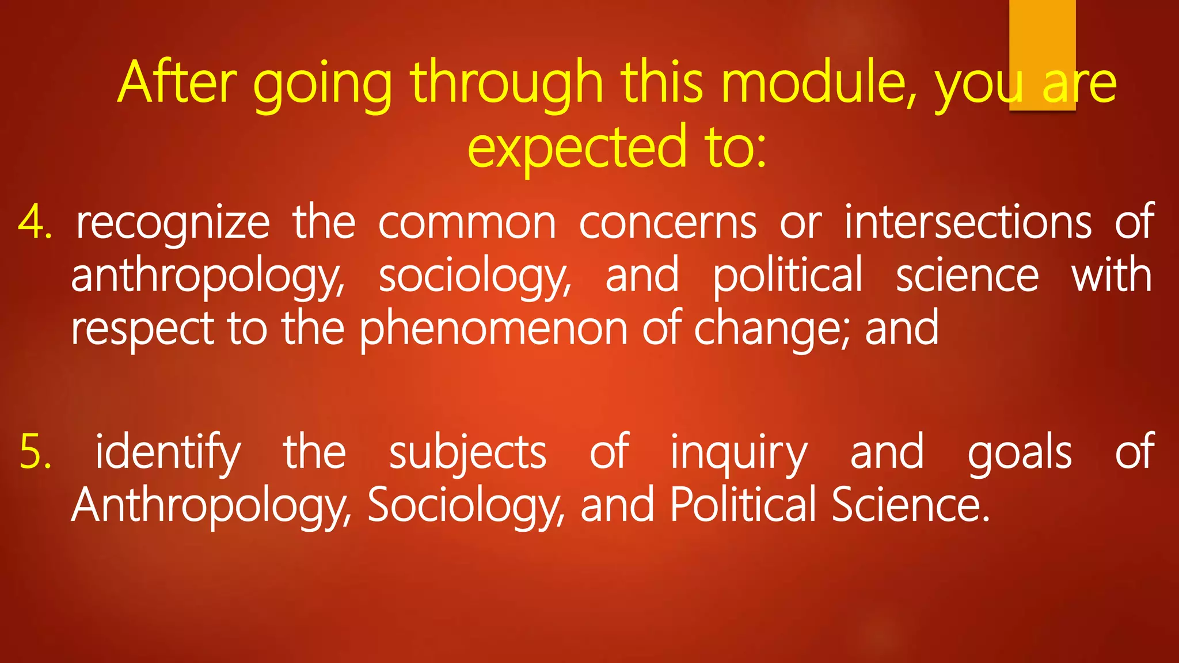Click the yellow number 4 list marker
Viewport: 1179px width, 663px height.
coord(34,222)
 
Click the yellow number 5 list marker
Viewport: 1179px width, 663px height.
coord(35,452)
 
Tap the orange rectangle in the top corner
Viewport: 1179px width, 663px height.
coord(1042,35)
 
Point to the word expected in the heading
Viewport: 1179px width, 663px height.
coord(576,147)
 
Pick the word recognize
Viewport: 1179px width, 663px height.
coord(173,223)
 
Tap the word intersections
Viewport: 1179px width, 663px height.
coord(967,222)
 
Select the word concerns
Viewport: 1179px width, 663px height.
coord(667,223)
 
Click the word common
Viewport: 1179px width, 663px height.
coord(467,223)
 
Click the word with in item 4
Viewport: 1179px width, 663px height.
coord(1111,275)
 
